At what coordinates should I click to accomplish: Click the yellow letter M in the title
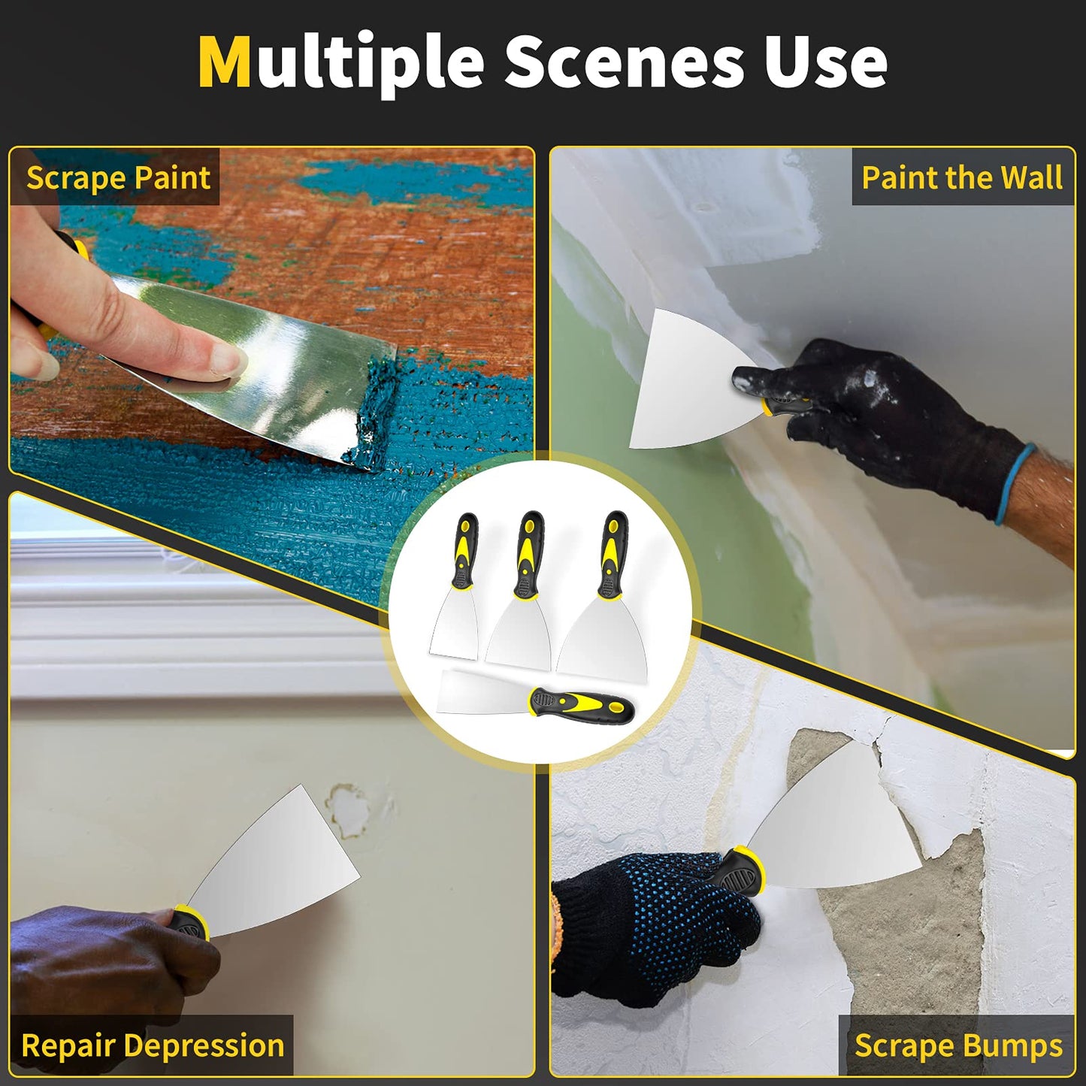224,63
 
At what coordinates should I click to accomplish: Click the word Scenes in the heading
624,63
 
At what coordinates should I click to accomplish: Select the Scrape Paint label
118,178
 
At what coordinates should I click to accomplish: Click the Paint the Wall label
961,178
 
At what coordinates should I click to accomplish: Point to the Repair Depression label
153,1045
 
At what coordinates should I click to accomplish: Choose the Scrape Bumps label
958,1045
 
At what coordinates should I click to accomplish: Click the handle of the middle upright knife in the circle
530,552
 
